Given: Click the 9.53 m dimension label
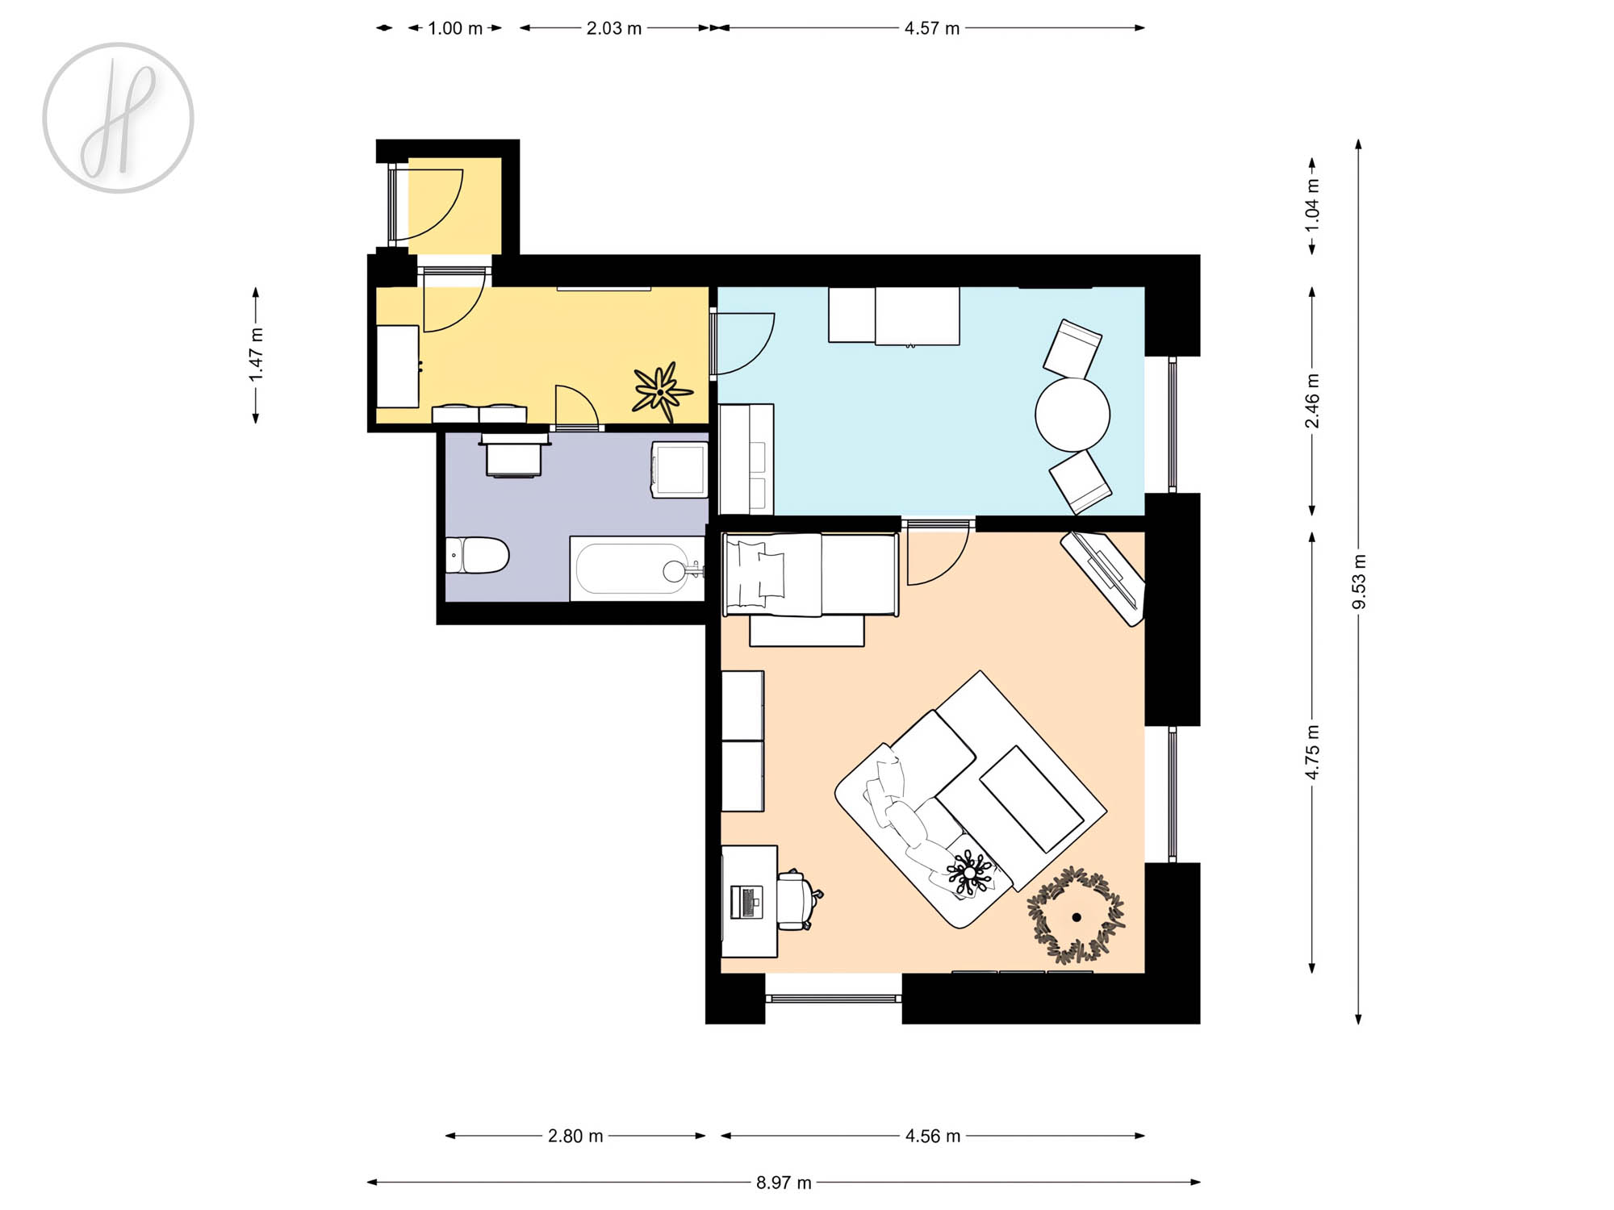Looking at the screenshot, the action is pos(1359,582).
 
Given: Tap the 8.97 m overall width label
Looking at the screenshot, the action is pos(784,1183).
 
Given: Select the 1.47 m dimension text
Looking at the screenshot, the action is pos(256,355).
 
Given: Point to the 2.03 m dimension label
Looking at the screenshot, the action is pos(614,28).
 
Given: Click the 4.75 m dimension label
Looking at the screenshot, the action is pos(1312,752).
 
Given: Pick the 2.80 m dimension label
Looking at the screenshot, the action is pos(575,1136).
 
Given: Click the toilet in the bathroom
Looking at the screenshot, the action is pos(477,556).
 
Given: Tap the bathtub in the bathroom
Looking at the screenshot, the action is pos(638,569).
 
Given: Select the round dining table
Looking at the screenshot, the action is pos(1073,415).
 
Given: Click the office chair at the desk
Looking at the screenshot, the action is pos(798,900).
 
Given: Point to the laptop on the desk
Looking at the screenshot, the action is pos(746,902).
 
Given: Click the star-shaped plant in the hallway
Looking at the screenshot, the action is pos(661,392).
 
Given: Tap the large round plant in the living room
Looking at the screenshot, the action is pos(1076,916).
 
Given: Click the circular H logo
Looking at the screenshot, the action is pos(118,118).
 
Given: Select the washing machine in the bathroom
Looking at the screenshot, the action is pos(679,469).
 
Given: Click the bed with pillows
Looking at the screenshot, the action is pos(810,574).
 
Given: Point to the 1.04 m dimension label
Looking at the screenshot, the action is pos(1312,205).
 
